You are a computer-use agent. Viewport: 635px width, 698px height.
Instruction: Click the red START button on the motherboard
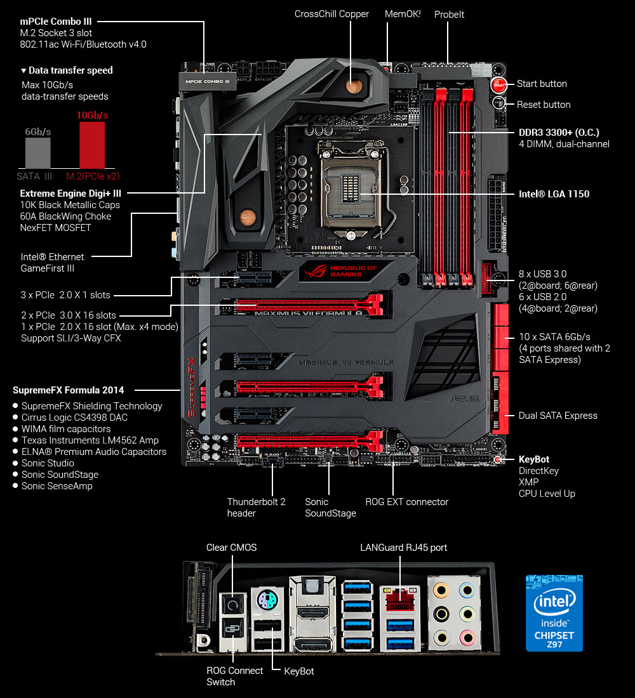click(x=498, y=84)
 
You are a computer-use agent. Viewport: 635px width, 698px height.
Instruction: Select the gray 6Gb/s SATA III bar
click(x=38, y=152)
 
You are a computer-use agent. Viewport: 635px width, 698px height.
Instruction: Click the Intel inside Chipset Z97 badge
click(x=554, y=613)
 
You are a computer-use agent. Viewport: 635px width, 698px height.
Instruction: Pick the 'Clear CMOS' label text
click(x=231, y=547)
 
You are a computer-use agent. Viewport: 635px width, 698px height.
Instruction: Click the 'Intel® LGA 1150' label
click(x=554, y=194)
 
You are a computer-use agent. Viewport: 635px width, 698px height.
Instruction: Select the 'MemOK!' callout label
click(x=403, y=13)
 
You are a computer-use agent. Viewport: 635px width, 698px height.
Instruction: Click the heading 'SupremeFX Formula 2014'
click(x=68, y=390)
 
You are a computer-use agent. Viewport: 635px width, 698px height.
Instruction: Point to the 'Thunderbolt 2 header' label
click(x=256, y=507)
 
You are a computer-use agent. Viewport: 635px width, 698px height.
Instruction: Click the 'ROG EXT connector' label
click(x=406, y=501)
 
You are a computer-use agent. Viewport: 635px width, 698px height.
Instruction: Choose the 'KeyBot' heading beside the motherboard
click(x=533, y=459)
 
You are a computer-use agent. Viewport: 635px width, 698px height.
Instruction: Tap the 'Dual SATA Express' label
click(x=558, y=415)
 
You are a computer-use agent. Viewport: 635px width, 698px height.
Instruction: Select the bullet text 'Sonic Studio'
click(x=48, y=463)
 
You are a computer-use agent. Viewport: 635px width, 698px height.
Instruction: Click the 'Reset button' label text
click(x=543, y=104)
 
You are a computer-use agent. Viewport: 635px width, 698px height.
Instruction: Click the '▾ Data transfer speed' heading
click(x=67, y=70)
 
